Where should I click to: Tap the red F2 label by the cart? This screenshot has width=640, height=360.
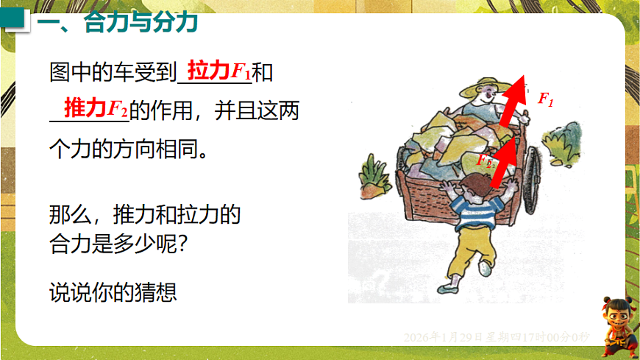point(483,160)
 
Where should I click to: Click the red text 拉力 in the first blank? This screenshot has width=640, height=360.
point(209,71)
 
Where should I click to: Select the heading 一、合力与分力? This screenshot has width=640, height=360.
point(118,24)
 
